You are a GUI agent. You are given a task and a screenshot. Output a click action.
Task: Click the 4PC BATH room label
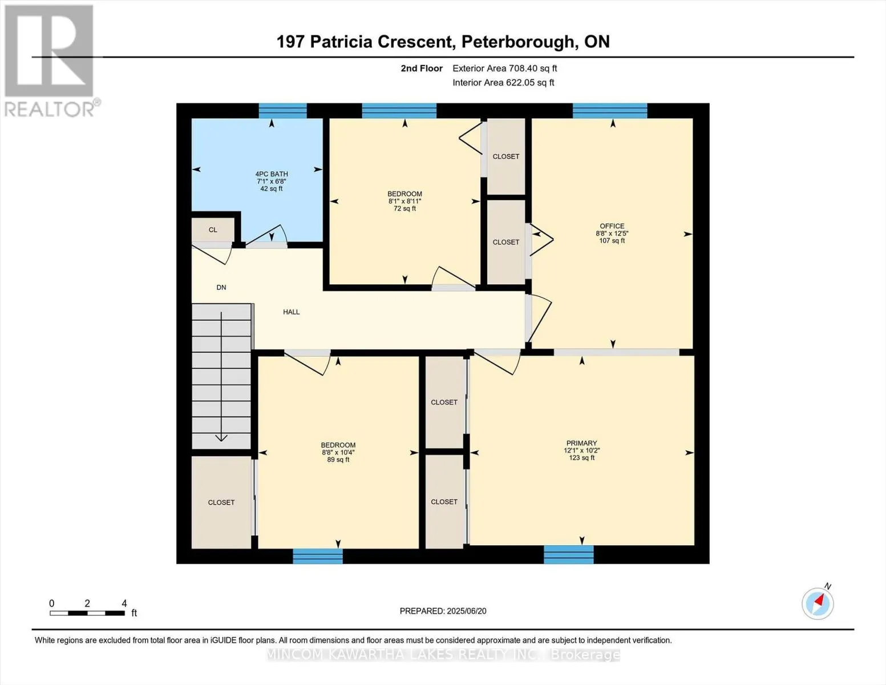pyautogui.click(x=271, y=174)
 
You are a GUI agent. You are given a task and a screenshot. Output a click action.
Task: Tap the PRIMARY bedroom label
pyautogui.click(x=581, y=443)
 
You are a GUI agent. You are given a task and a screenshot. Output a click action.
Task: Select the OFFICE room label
pyautogui.click(x=612, y=226)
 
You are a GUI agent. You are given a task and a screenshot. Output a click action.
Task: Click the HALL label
pyautogui.click(x=291, y=312)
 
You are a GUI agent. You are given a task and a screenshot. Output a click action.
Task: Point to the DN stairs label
pyautogui.click(x=221, y=288)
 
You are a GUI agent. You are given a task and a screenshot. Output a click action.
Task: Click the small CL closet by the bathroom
pyautogui.click(x=213, y=230)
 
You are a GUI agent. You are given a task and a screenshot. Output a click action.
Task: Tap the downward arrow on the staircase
pyautogui.click(x=221, y=437)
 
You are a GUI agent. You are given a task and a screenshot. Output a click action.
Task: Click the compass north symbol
pyautogui.click(x=818, y=603)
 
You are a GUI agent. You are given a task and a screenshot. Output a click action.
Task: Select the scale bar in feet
pyautogui.click(x=87, y=613)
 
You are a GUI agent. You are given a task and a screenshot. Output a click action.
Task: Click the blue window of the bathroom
pyautogui.click(x=282, y=111)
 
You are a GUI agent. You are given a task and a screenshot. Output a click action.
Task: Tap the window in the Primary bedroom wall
pyautogui.click(x=568, y=554)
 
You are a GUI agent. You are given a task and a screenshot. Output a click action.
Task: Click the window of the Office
pyautogui.click(x=609, y=111)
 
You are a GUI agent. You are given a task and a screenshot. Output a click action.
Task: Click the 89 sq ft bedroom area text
pyautogui.click(x=338, y=460)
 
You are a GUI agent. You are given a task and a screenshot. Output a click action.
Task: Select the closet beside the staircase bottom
pyautogui.click(x=221, y=502)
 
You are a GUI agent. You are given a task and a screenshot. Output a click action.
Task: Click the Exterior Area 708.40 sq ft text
pyautogui.click(x=504, y=68)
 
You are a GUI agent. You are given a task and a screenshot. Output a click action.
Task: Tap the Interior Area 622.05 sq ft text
pyautogui.click(x=503, y=83)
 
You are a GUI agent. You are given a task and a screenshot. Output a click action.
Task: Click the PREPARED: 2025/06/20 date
pyautogui.click(x=443, y=611)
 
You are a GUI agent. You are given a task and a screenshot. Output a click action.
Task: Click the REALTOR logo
pyautogui.click(x=50, y=60)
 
